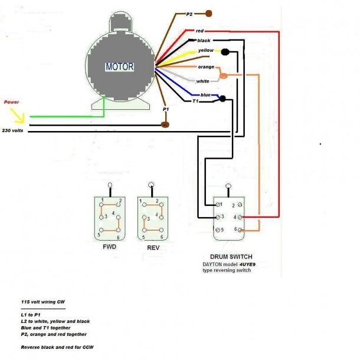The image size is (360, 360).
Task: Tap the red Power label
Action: (x=12, y=102)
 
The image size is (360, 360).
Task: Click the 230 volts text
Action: (x=14, y=130)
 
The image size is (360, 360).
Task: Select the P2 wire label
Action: (x=189, y=13)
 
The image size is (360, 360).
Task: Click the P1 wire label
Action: (x=166, y=110)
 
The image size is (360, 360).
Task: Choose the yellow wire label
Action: (x=205, y=51)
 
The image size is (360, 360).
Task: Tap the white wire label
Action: (x=203, y=81)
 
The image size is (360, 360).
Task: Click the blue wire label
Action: (x=205, y=95)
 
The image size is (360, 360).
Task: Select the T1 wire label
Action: (x=196, y=102)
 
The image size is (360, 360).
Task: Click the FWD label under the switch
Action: (x=109, y=247)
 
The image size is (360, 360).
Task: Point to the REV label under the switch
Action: (x=153, y=248)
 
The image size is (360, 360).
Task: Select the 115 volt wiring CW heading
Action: (x=42, y=302)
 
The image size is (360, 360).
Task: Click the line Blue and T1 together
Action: (x=45, y=328)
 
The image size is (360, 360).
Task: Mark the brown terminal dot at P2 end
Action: (x=209, y=12)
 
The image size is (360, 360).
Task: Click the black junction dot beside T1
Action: (x=222, y=100)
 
